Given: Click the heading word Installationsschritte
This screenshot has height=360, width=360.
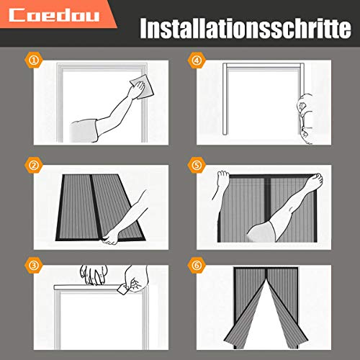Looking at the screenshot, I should (x=240, y=30).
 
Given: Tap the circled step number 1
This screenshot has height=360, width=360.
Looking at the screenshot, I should (x=32, y=61).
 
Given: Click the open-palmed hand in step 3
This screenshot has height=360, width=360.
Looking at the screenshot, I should (x=94, y=274).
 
